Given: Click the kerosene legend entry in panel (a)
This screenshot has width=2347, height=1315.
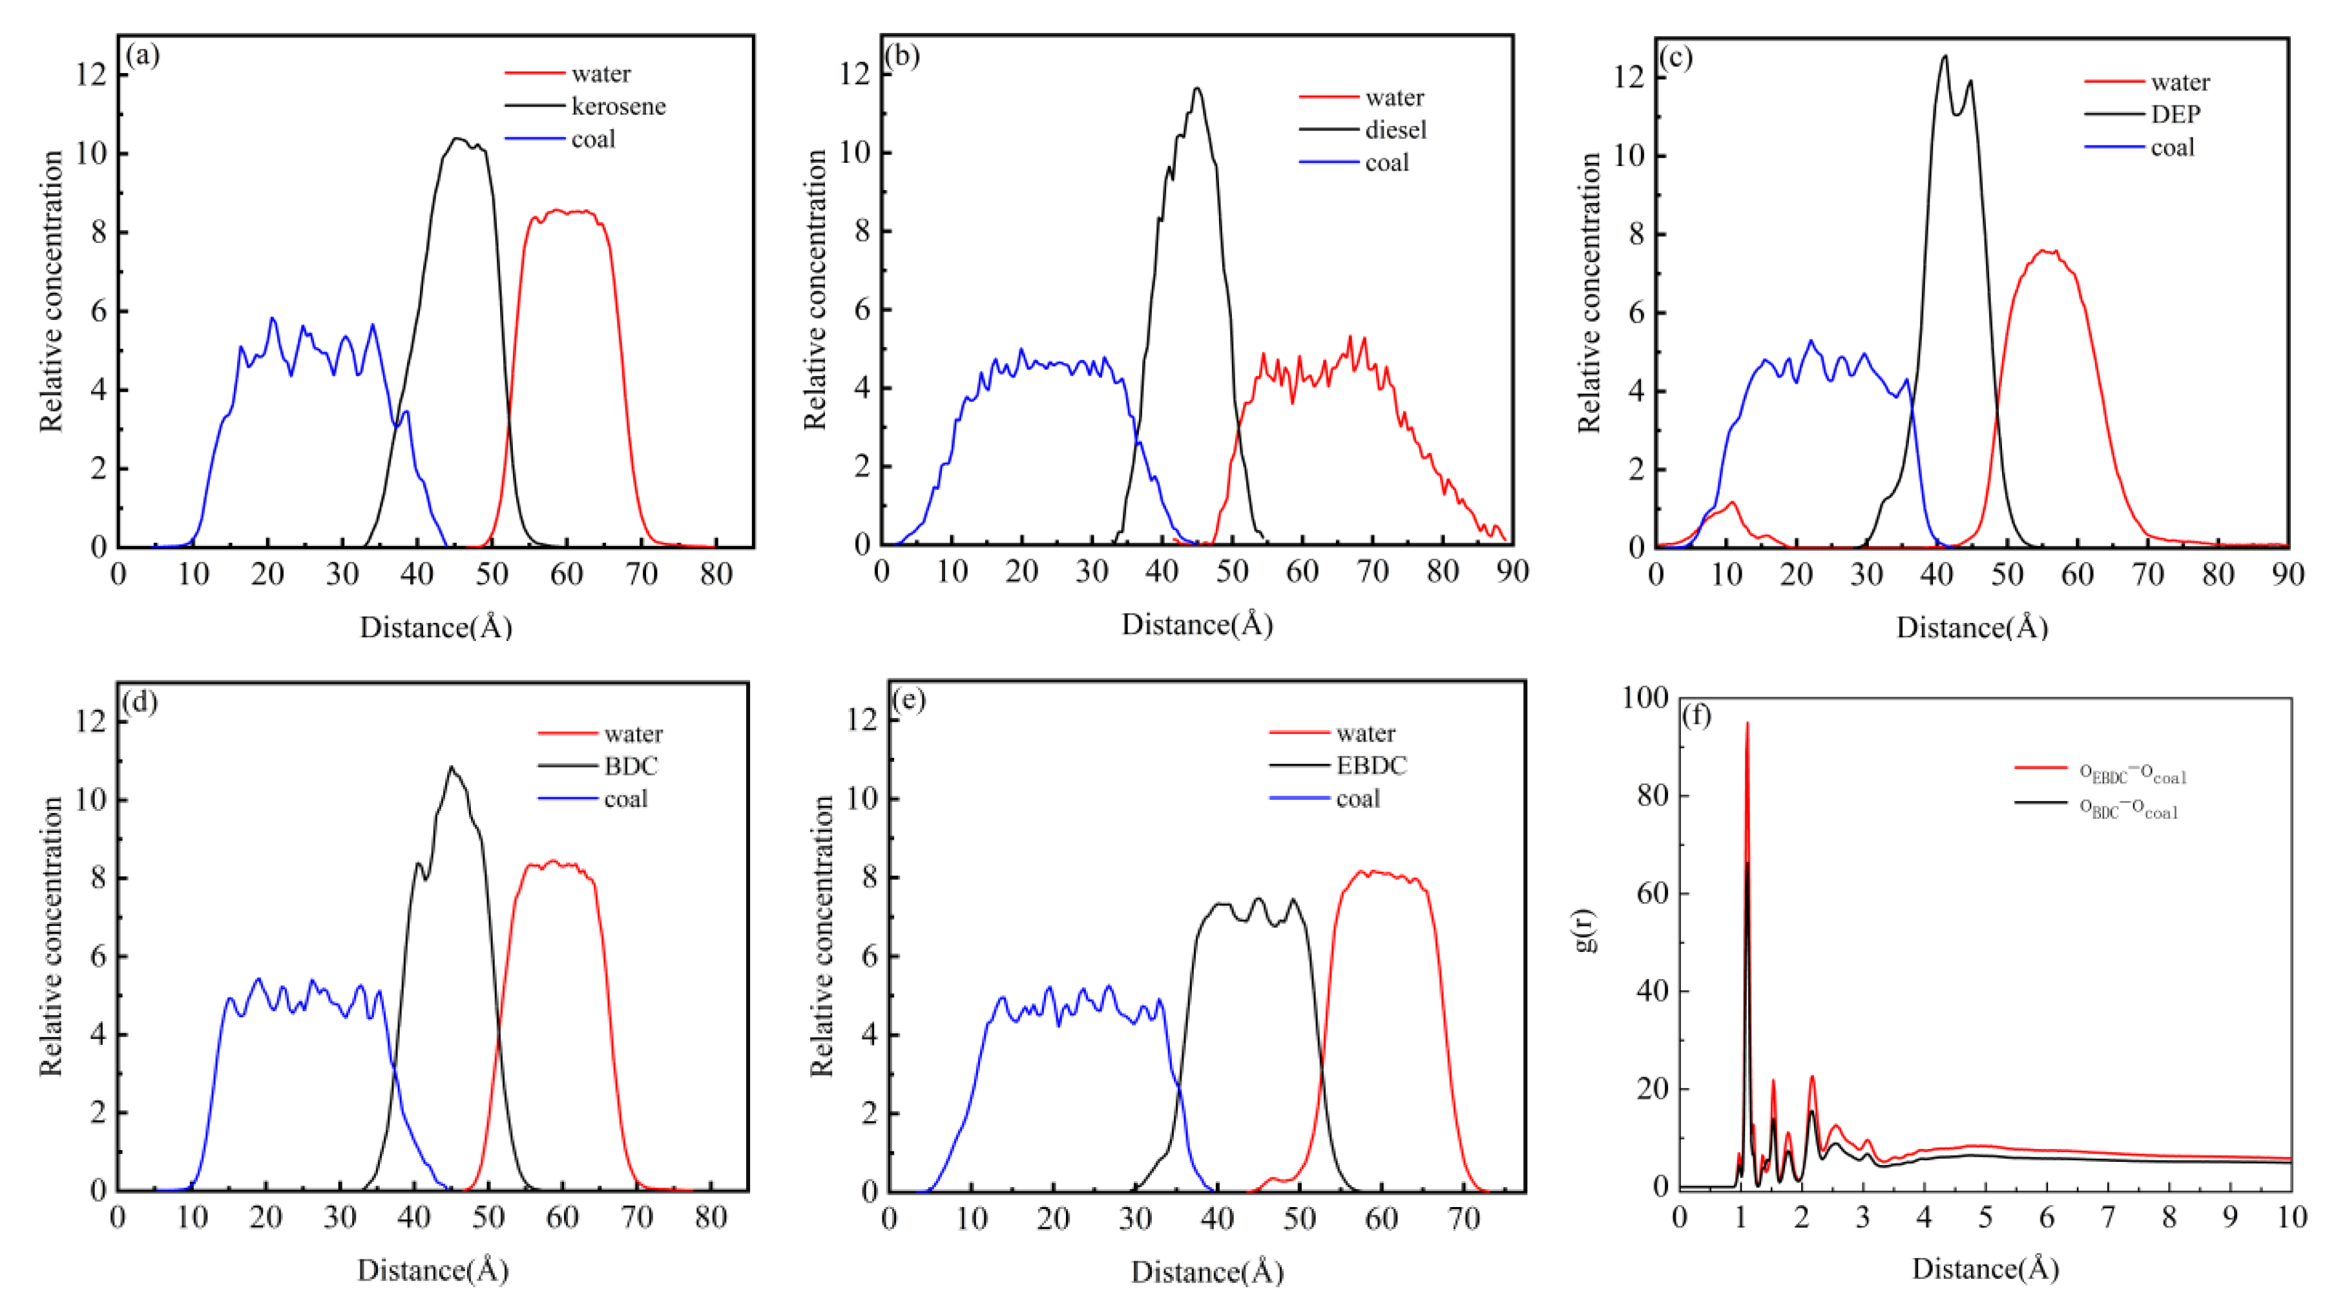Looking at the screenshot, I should coord(619,107).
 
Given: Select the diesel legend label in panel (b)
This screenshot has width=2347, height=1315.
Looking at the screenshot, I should coord(1395,131).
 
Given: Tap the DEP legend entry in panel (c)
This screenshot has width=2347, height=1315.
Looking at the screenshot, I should coord(2176,115).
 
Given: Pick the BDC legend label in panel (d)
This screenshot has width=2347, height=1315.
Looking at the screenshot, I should coord(631,766).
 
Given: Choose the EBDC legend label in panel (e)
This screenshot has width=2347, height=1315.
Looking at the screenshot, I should coord(1372,766).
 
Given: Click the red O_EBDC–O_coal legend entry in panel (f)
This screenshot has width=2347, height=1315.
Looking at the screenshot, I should coord(2132,773).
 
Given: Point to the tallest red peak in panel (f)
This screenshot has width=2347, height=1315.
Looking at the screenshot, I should coord(1747,724).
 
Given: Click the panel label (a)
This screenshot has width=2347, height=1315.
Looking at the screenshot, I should coord(143,56).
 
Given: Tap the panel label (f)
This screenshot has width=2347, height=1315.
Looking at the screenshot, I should coord(1696,715).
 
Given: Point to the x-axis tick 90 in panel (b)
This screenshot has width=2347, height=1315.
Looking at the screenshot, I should coord(1512,571).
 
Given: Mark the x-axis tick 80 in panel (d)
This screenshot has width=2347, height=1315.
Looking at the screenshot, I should coord(711,1217).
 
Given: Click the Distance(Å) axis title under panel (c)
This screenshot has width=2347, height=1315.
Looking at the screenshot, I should coord(1972,628).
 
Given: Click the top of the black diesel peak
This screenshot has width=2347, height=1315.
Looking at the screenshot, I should coord(1197,89).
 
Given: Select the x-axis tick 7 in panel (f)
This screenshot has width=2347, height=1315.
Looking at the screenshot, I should coord(2107,1217).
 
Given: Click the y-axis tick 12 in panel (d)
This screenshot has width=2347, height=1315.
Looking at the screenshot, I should coord(91,722).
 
